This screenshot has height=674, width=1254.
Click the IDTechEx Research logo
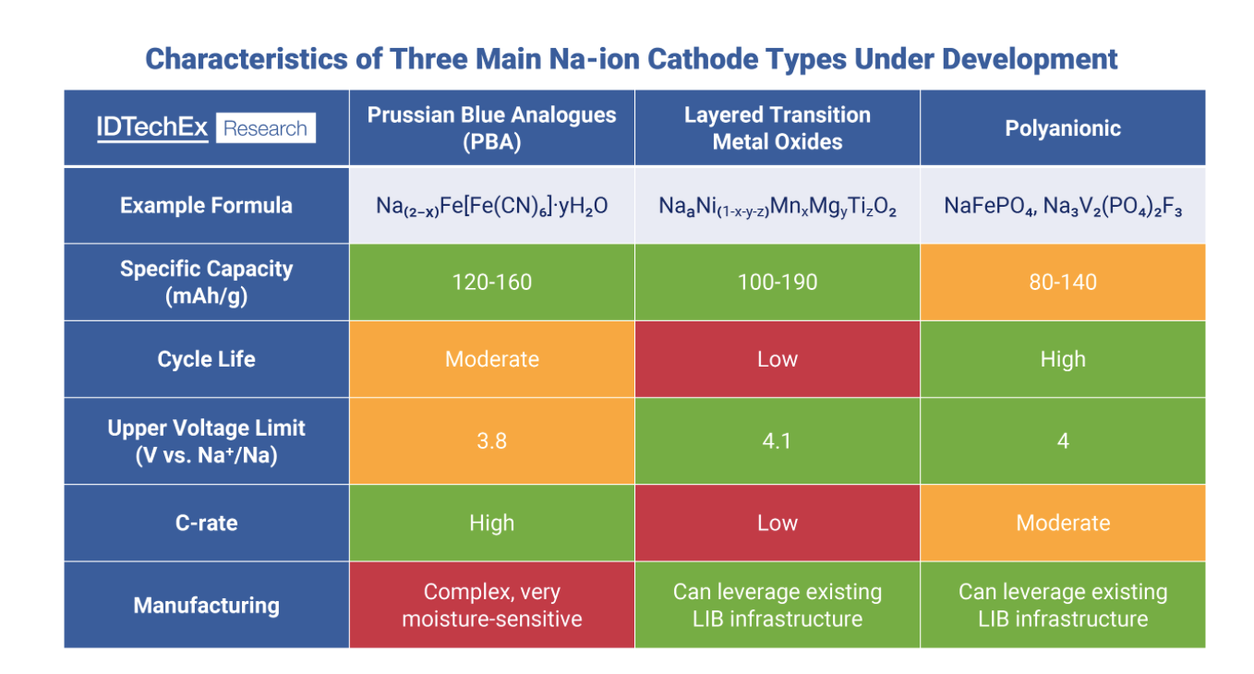point(206,128)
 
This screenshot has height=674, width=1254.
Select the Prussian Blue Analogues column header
point(491,128)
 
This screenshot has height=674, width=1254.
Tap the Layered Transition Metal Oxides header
point(777,128)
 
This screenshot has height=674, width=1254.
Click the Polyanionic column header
point(1062,128)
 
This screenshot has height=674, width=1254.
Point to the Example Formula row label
point(206,205)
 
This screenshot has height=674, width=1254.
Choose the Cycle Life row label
point(206,359)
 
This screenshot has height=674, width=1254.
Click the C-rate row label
point(206,523)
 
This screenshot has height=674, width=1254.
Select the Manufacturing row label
point(206,606)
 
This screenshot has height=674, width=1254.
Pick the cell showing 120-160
point(491,282)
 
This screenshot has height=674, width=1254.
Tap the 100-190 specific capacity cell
point(777,282)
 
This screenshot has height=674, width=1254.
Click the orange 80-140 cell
point(1062,282)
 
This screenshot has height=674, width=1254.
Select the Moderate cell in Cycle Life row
point(491,359)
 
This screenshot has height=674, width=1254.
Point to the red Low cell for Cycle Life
point(777,359)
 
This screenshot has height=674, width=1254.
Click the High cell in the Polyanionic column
point(1062,359)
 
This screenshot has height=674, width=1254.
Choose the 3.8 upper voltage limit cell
point(491,440)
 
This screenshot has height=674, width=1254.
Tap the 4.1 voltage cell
point(777,440)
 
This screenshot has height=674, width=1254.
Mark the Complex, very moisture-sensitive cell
point(491,605)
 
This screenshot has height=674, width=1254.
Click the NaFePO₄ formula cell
point(1062,205)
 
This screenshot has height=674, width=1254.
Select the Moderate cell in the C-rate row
point(1062,523)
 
